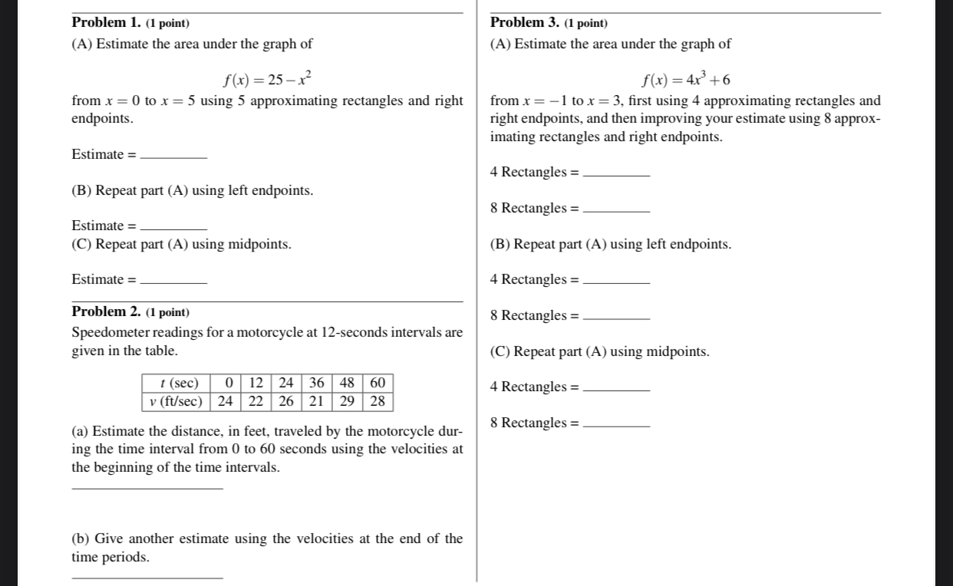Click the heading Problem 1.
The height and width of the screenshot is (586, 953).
coord(107,23)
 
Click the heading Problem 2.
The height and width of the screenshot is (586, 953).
coord(107,311)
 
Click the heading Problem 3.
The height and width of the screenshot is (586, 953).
coord(525,23)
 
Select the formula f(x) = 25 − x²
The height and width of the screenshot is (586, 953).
coord(266,79)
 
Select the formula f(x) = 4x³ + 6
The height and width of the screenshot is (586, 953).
coord(685,79)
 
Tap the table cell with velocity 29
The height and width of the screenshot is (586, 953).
coord(347,401)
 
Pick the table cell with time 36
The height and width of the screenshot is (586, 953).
coord(316,383)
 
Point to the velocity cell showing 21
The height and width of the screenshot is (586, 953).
coord(316,401)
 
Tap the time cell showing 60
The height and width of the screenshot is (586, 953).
coord(378,383)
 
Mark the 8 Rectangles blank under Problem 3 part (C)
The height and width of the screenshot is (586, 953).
coord(616,424)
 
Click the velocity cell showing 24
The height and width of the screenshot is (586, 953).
coord(226,401)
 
